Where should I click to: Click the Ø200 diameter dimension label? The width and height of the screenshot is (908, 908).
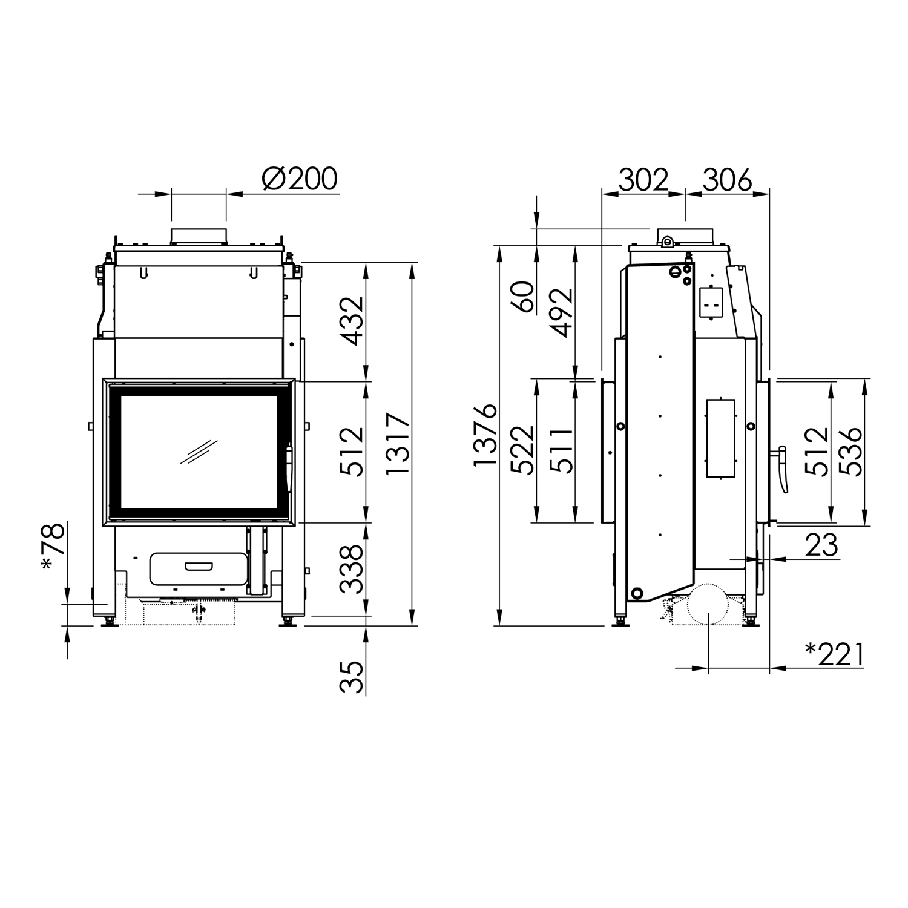click(300, 179)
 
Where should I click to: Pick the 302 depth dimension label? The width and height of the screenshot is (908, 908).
click(643, 180)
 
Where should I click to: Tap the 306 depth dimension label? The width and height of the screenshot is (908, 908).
click(727, 180)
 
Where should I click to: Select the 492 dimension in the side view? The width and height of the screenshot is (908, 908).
click(562, 312)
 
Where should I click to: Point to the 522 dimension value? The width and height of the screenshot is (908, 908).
click(523, 450)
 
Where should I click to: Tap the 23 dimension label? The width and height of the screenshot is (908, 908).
click(821, 545)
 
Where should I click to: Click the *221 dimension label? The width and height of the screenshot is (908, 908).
click(834, 654)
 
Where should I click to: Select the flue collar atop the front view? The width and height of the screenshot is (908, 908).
click(199, 237)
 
